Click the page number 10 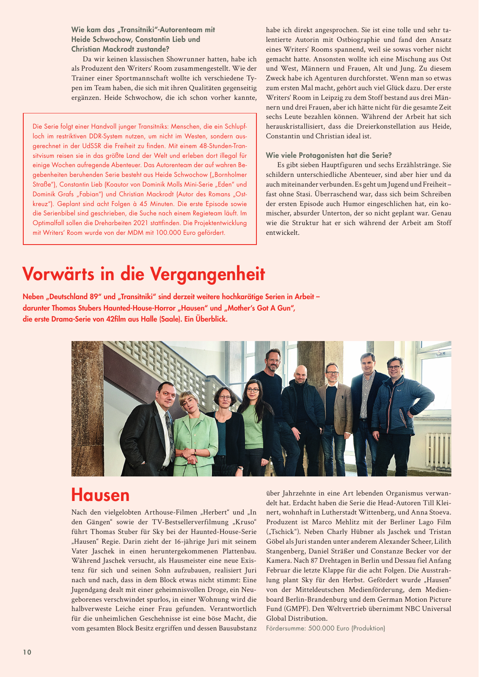pos(27,652)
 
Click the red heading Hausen pos(100,495)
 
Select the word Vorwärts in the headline pos(59,274)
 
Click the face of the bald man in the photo pos(300,374)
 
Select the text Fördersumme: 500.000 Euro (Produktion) pos(325,628)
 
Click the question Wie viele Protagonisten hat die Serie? pos(329,155)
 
